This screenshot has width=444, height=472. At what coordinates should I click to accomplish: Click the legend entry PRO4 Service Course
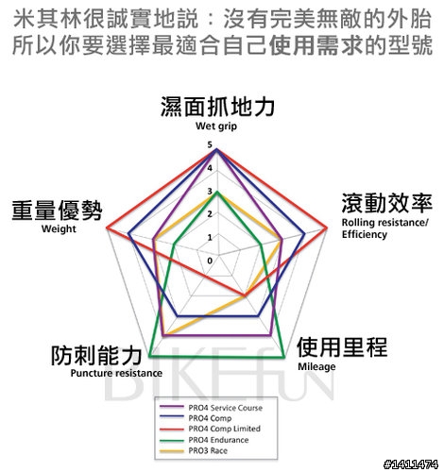pos(225,408)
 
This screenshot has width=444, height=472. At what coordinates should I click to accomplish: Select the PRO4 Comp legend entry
pos(210,418)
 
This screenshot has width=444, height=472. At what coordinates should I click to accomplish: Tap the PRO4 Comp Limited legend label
pos(224,429)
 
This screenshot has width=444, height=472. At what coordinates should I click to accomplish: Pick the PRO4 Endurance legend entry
pos(218,440)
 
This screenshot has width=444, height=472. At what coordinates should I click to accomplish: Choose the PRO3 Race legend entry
pos(208,450)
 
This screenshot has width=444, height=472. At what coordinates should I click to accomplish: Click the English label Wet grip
pos(216,126)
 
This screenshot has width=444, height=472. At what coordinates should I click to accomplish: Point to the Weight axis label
pos(59,228)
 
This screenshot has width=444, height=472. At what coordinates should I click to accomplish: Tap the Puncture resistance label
pos(116,373)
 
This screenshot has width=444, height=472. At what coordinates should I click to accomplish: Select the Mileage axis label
pos(316,366)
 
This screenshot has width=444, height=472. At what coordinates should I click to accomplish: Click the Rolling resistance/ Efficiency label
pos(385,228)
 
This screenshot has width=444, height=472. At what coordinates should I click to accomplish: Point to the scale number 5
pos(210,144)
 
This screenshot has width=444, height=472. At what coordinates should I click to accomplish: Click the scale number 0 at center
pos(210,261)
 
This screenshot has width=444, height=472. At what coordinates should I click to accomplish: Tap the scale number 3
pos(210,191)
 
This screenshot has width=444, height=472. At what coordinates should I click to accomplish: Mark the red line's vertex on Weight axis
pos(107,228)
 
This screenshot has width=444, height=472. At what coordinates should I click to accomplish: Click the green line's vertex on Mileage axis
pos(284,357)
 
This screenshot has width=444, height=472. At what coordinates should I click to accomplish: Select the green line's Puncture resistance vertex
pos(149,356)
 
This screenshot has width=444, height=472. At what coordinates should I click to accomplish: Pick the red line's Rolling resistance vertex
pos(327,228)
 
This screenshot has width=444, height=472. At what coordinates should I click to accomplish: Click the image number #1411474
pos(411,464)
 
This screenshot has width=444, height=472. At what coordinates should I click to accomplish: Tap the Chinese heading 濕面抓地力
pos(217,107)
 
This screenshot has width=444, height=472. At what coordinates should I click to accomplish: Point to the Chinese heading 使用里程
pos(342,347)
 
